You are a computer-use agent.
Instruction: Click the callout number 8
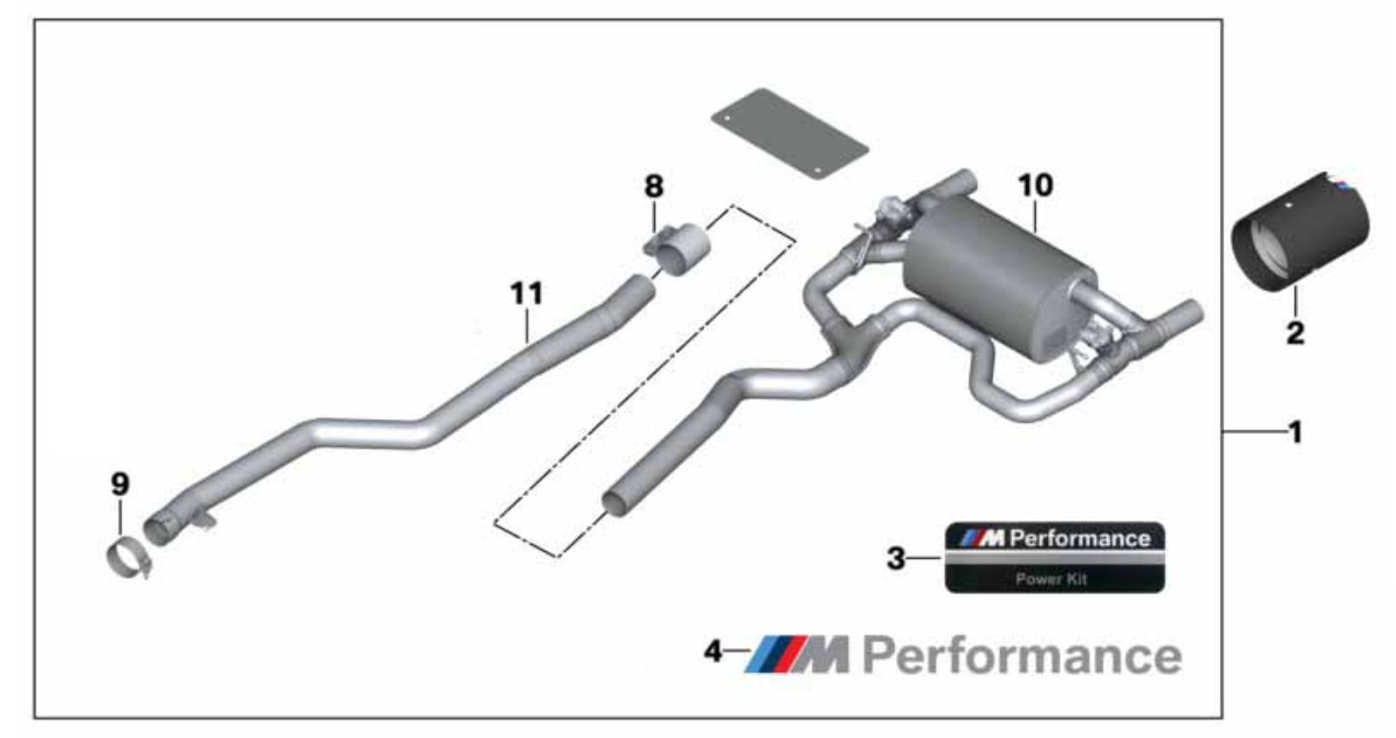pos(654,185)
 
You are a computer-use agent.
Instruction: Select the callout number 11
pos(526,292)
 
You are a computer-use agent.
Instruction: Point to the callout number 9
pos(119,484)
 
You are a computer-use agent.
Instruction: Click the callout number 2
pos(1296,333)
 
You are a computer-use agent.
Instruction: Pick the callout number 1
pos(1296,431)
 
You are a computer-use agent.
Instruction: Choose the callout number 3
pos(895,558)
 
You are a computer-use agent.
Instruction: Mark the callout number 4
pos(713,650)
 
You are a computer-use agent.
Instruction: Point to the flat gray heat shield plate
pos(789,134)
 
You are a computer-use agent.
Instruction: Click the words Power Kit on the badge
pos(1052,580)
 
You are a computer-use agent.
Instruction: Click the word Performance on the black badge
pos(1079,538)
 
